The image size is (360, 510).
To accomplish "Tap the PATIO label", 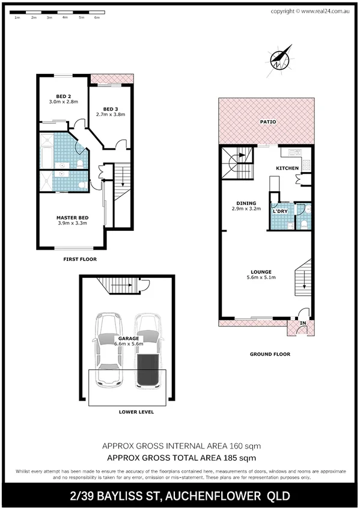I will tap(267, 121).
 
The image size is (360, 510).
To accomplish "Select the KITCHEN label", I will tap(287, 168).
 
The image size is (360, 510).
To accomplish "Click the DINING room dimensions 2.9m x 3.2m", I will tap(246, 209).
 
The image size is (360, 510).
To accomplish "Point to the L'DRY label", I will tap(279, 212).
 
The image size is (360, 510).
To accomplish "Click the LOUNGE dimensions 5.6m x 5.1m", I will tap(261, 277).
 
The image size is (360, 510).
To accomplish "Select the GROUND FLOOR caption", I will tap(269, 354).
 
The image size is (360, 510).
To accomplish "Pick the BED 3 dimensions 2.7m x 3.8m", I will tap(111, 114).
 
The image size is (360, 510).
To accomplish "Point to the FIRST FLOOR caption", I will tap(80, 259).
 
